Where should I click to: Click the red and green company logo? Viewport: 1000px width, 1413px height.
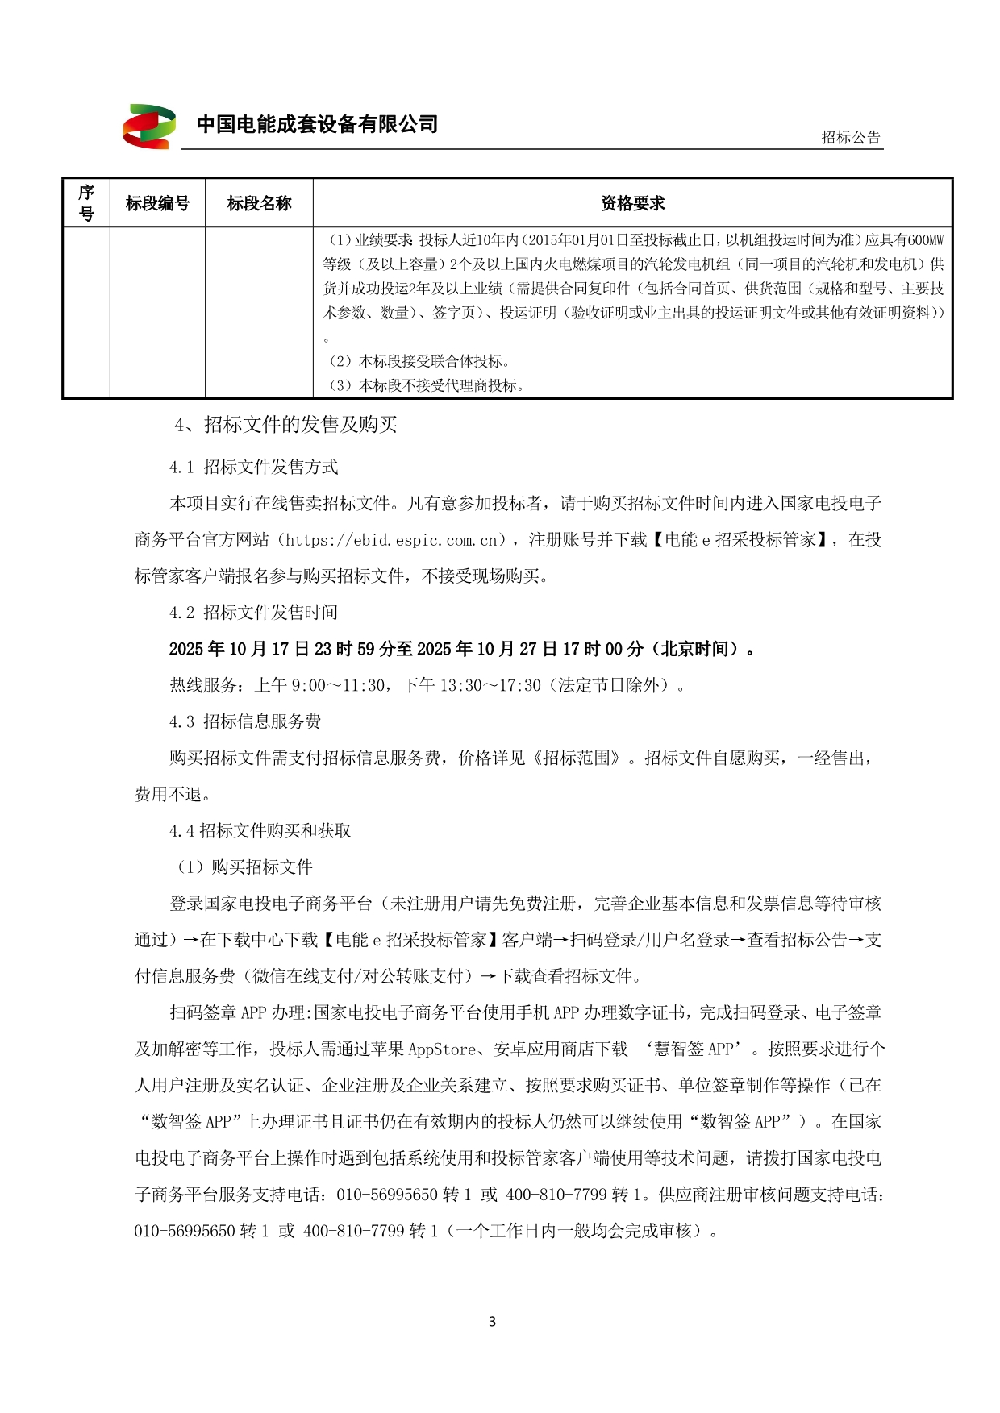(149, 126)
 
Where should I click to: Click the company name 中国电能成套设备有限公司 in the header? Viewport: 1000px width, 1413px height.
(317, 124)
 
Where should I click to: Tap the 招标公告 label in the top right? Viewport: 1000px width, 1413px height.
(851, 137)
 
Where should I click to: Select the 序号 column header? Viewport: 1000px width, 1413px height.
(86, 203)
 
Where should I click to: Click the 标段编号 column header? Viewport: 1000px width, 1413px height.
(157, 203)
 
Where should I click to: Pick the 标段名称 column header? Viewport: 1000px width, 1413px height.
(259, 203)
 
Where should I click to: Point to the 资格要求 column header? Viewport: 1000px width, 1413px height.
(632, 203)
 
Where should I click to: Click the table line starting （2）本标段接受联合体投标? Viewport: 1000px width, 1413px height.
(419, 361)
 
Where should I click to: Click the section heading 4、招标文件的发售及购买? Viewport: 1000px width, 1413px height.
(285, 425)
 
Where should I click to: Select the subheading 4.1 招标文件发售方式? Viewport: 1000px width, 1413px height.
(253, 468)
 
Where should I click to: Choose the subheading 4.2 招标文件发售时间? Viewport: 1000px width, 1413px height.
(253, 613)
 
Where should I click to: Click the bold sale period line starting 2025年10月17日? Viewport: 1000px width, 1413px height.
(461, 649)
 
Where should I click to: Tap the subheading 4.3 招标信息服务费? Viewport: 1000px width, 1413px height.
(245, 721)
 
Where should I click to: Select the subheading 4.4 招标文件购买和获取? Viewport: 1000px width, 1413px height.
(260, 831)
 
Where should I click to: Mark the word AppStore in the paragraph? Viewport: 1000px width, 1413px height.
(442, 1049)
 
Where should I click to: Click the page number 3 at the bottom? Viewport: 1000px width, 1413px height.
(493, 1321)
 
